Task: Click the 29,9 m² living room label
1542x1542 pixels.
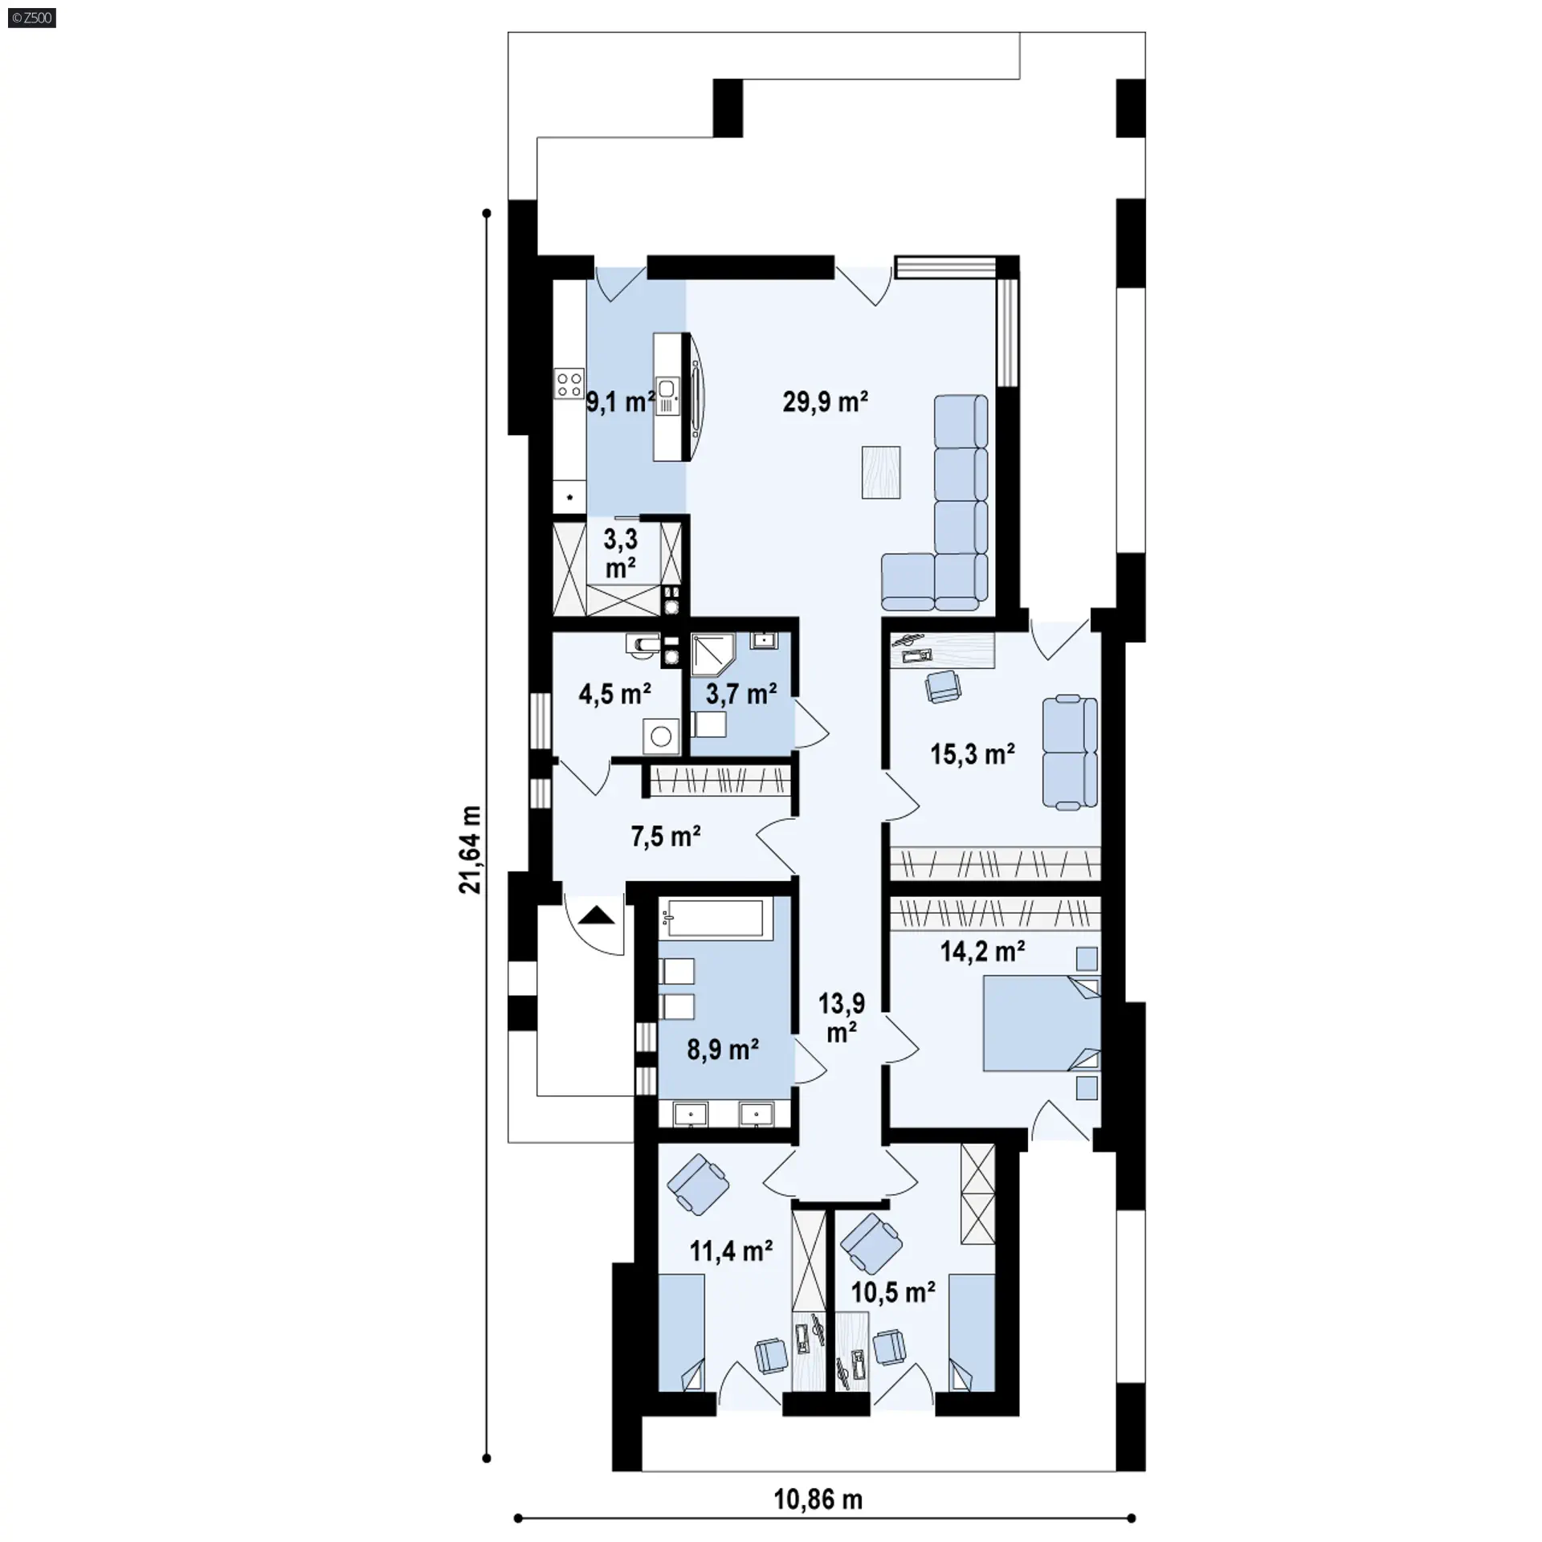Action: point(825,402)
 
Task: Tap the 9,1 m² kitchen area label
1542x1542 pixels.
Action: point(620,402)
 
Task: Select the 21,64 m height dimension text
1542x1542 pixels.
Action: point(471,850)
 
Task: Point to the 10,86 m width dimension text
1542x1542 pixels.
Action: point(818,1499)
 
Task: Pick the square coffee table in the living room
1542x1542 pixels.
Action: point(881,472)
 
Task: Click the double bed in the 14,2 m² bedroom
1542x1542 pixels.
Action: point(1042,1023)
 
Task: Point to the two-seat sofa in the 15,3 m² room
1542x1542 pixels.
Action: point(1070,752)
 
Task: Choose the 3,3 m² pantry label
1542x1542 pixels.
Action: point(621,553)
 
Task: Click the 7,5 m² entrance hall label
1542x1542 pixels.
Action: point(666,837)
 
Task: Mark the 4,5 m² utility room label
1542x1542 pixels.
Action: point(614,693)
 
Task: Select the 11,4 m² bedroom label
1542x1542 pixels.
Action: point(731,1250)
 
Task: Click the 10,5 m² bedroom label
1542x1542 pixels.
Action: point(893,1293)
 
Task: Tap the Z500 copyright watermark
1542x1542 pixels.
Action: point(32,18)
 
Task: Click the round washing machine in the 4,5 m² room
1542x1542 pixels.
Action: point(661,736)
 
